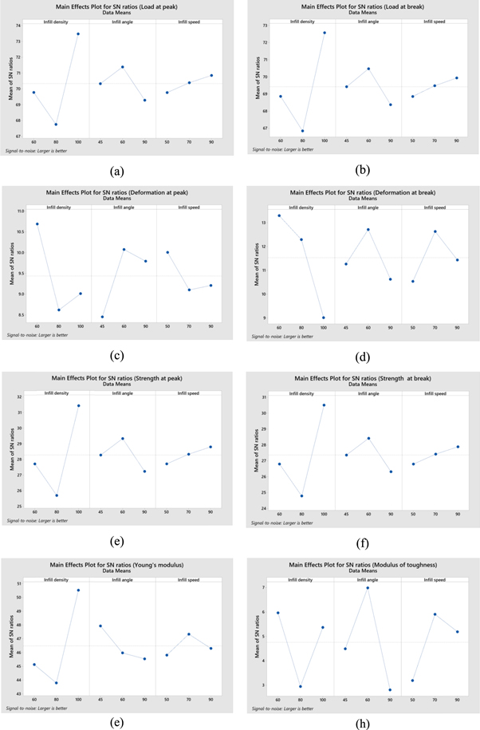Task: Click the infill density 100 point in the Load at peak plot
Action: click(x=78, y=34)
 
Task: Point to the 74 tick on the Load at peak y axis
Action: click(x=18, y=26)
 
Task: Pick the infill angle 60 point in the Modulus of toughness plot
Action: click(x=368, y=588)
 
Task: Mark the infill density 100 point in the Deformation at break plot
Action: click(x=324, y=318)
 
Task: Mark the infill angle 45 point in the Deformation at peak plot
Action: click(x=101, y=317)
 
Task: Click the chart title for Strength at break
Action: click(x=362, y=377)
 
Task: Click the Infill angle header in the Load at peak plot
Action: click(x=122, y=22)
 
